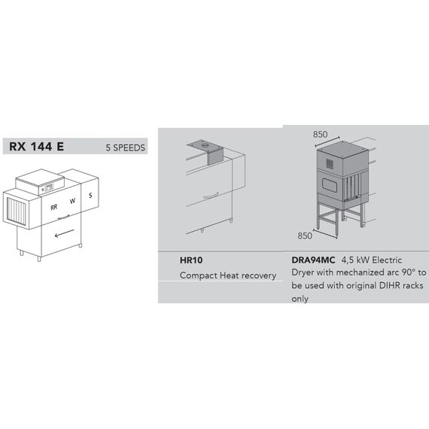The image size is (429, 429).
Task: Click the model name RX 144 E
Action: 37,146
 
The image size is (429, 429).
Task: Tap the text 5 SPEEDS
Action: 125,148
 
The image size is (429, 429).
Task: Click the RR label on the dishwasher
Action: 54,208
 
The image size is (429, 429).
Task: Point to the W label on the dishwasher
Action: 72,201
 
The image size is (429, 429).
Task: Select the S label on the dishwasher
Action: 90,196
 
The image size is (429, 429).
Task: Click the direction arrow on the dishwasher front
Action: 64,233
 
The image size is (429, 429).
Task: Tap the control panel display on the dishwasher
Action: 49,187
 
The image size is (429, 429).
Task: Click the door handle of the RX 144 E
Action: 63,218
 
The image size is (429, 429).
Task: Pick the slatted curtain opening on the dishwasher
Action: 16,211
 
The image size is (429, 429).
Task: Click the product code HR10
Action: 191,260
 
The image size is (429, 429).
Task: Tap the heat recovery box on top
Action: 215,155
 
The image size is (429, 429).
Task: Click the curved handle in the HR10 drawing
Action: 211,196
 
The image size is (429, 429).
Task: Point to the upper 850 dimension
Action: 320,134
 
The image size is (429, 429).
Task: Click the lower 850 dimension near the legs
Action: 305,236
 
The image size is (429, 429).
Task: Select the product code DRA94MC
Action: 313,260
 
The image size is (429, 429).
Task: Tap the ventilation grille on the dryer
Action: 330,163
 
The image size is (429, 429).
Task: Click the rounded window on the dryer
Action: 330,184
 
